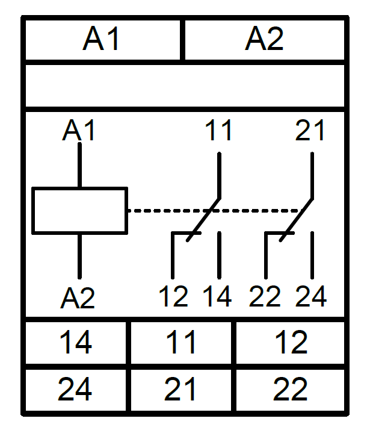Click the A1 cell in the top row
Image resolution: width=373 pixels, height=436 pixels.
[103, 40]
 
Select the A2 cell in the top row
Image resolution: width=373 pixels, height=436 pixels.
[265, 40]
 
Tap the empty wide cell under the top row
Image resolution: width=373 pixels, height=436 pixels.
[185, 86]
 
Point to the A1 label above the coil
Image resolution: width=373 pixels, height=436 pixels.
[79, 130]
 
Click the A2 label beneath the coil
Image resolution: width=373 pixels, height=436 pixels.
[78, 298]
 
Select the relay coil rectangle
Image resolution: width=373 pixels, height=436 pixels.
[80, 211]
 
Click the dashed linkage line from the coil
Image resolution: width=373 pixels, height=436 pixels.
[214, 211]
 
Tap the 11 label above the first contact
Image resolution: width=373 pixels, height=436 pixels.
[218, 130]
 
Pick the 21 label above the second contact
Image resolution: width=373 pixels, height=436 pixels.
[310, 130]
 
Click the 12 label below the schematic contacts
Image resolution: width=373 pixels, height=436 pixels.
[173, 296]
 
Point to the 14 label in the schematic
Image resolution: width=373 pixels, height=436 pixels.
[217, 296]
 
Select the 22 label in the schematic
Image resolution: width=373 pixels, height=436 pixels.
[265, 296]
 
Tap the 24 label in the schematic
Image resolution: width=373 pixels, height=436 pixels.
[311, 296]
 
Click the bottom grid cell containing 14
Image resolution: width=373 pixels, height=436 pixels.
[76, 343]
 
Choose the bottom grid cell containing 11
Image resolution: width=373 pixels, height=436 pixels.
[181, 343]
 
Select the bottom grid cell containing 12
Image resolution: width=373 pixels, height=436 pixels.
[291, 343]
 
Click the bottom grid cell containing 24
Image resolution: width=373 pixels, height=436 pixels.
[76, 390]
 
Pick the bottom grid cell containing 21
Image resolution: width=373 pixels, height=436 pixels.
[181, 390]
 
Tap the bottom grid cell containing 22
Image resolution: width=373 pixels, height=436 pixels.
[291, 390]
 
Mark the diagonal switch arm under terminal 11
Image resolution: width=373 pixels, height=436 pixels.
[203, 220]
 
